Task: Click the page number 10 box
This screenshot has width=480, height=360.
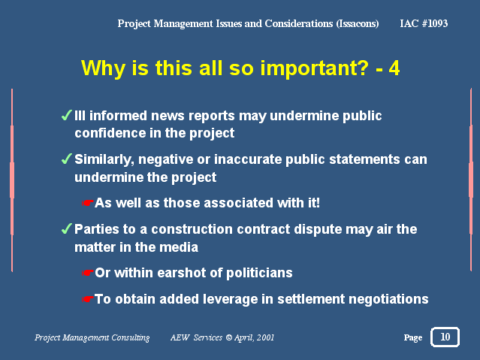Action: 445,337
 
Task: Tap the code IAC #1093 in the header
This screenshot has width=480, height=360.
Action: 424,23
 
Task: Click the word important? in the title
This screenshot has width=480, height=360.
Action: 315,68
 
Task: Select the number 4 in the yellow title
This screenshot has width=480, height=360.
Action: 394,68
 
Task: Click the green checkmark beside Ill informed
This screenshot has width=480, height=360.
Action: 66,115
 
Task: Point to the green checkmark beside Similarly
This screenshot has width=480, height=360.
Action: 66,159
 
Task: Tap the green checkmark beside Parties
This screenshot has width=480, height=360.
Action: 66,228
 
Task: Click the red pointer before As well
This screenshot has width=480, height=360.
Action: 87,203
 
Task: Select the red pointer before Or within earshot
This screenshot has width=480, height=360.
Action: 87,273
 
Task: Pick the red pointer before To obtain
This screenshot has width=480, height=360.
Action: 87,299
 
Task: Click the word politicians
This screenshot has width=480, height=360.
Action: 259,273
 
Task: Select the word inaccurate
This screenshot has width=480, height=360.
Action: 248,159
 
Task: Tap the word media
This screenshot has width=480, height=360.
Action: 182,247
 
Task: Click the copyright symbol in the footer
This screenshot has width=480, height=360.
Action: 228,337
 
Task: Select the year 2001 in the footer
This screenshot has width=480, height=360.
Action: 265,337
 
